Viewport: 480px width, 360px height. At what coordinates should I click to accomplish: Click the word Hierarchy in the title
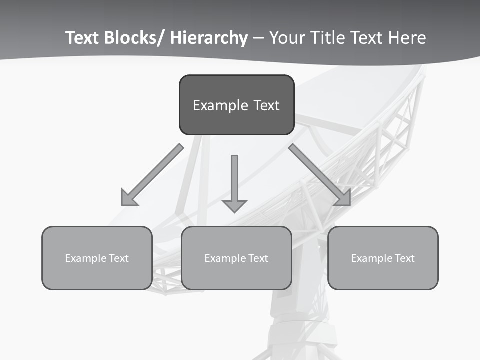tap(208, 38)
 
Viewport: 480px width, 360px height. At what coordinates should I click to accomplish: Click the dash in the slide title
tap(258, 38)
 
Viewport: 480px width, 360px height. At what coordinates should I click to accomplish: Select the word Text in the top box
tap(266, 105)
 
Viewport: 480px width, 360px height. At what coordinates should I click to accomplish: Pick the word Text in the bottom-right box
tap(404, 258)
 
